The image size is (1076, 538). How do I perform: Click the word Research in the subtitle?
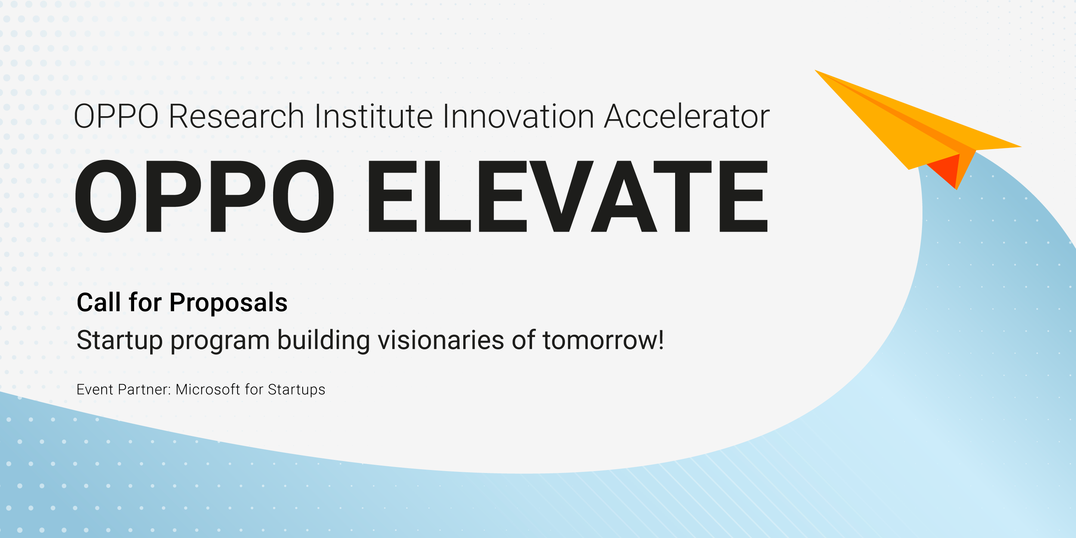tap(236, 117)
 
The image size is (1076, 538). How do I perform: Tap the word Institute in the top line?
tap(374, 117)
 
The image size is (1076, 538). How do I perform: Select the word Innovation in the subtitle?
tap(518, 117)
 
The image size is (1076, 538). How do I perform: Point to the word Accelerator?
tap(687, 117)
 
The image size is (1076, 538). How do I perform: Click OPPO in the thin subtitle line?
tap(116, 117)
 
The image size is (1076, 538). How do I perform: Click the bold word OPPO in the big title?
tap(204, 196)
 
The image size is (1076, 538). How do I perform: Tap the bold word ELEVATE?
tap(567, 196)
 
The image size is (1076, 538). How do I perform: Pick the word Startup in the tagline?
tap(120, 341)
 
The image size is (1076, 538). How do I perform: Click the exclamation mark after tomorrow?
tap(661, 340)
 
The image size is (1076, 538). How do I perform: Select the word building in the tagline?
tap(323, 340)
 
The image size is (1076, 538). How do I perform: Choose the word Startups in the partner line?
tap(296, 390)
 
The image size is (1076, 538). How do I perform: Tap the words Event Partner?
tap(124, 389)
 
